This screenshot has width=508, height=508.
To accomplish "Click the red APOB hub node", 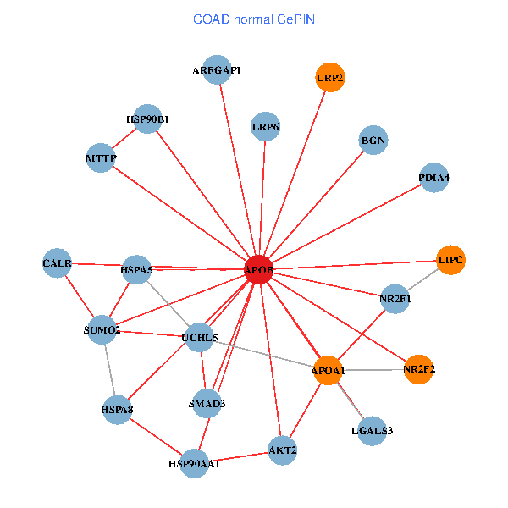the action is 258,269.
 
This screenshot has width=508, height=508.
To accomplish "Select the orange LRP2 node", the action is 330,77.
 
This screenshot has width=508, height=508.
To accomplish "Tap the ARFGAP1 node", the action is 217,69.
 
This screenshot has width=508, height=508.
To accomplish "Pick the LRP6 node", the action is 266,126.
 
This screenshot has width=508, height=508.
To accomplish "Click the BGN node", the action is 373,140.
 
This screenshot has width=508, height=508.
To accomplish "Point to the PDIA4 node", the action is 434,178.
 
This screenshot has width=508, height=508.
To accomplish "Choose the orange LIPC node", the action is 450,260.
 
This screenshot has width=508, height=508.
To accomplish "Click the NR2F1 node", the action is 395,299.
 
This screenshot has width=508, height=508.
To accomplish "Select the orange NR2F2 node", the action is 419,369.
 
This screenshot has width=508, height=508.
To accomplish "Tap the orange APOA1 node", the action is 328,370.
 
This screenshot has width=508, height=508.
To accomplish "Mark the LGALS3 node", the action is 373,431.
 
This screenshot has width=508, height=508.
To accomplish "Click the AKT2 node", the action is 283,450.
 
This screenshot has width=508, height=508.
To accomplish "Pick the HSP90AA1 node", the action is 194,464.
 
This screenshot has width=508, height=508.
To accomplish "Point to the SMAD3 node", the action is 207,403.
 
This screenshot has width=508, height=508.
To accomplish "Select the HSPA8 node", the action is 117,410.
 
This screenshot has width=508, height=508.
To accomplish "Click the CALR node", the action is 57,263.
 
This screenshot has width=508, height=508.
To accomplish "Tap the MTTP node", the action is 101,157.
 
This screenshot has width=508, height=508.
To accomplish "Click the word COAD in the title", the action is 212,19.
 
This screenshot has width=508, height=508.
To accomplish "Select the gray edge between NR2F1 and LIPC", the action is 422,279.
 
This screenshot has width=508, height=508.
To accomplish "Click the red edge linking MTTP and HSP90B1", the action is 124,139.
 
